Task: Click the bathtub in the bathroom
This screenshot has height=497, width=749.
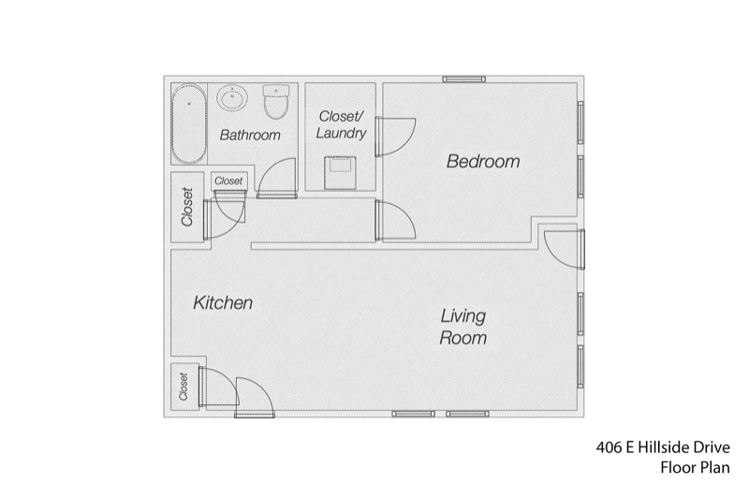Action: [x=189, y=124]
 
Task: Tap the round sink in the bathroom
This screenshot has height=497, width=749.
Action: [x=232, y=98]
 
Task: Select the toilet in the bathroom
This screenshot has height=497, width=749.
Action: [x=276, y=102]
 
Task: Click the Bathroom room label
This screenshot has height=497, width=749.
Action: [x=250, y=135]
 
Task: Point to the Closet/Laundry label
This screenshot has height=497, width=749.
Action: [x=341, y=124]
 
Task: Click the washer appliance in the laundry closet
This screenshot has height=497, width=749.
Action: [x=340, y=173]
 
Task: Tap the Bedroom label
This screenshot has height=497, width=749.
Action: [x=483, y=161]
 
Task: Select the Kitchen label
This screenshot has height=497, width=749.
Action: [x=223, y=302]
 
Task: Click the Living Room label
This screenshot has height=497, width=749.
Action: [x=463, y=327]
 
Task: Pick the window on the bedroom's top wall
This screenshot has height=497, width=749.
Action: [x=463, y=80]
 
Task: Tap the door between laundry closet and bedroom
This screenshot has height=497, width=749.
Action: [x=395, y=137]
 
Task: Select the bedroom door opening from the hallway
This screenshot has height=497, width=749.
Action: [x=395, y=220]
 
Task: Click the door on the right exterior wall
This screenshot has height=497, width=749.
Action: [x=565, y=249]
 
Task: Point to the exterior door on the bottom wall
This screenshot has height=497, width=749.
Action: [x=255, y=397]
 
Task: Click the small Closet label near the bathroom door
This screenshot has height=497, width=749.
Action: [x=228, y=181]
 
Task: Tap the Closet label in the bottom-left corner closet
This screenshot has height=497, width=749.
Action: [x=184, y=387]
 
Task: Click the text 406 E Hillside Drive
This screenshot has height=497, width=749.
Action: [x=663, y=447]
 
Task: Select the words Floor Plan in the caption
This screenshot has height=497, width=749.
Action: [x=695, y=467]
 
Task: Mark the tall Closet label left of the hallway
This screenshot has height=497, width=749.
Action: [x=186, y=207]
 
